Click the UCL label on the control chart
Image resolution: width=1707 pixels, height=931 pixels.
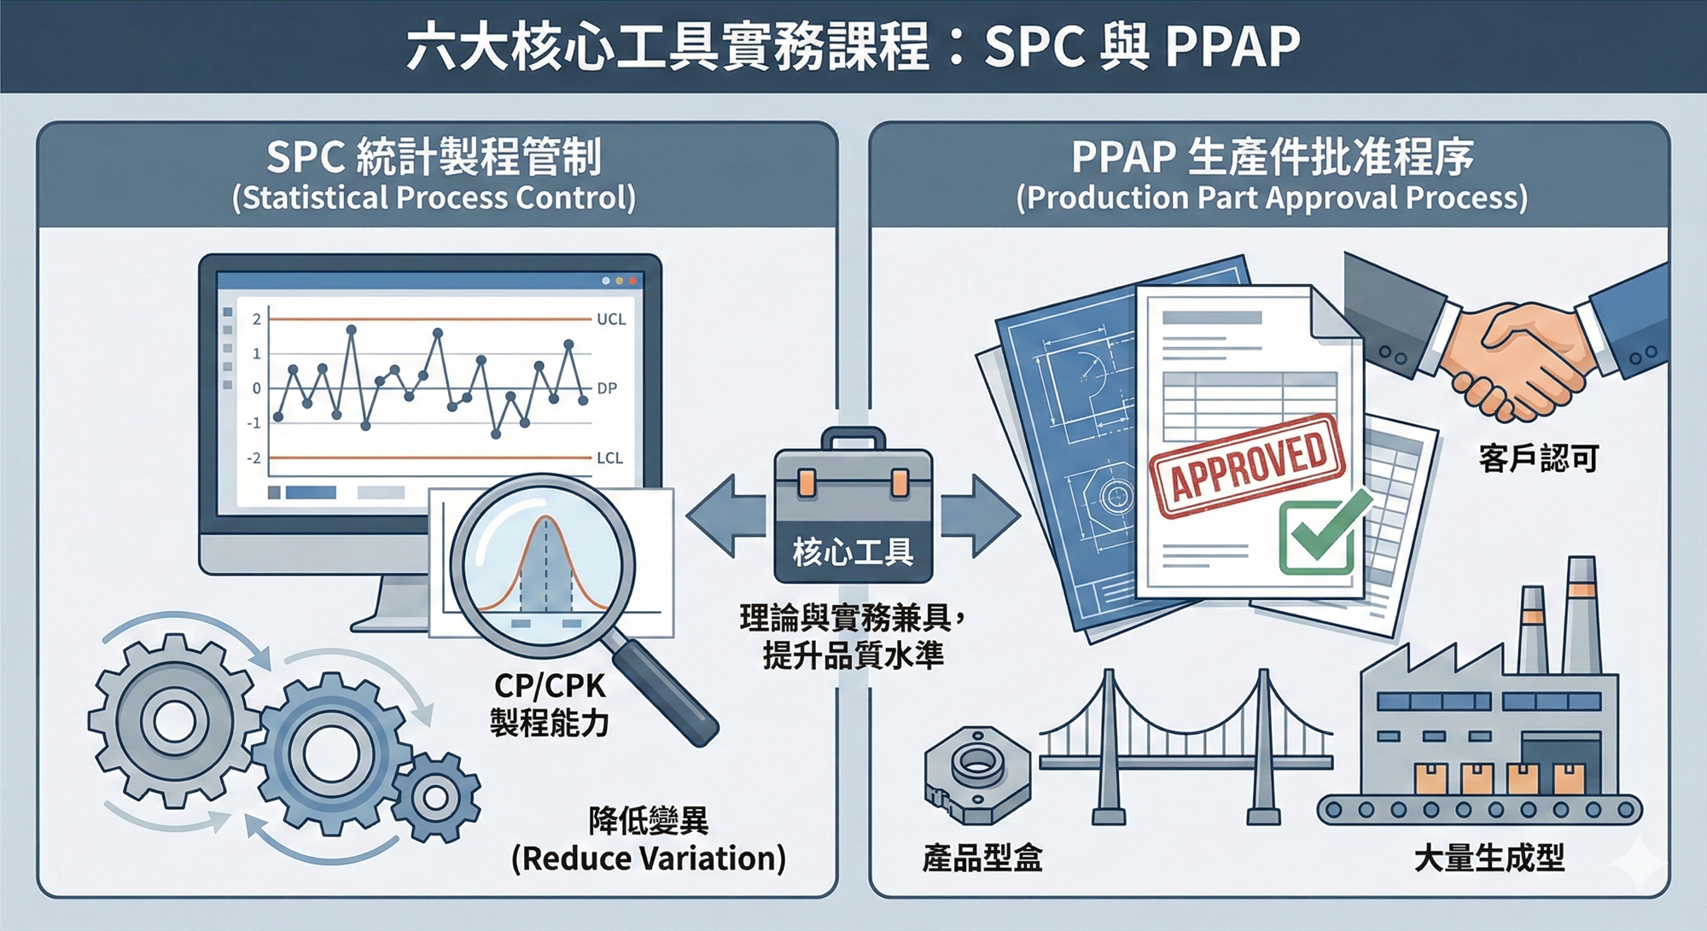point(611,319)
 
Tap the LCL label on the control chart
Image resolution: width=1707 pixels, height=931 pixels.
point(609,458)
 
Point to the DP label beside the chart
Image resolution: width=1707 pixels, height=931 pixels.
point(607,388)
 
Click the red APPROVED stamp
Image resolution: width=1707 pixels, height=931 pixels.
point(1248,465)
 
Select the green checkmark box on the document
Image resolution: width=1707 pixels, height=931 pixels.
point(1317,538)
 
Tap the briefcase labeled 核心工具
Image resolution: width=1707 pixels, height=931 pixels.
point(853,508)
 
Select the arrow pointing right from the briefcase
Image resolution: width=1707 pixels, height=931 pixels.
point(982,516)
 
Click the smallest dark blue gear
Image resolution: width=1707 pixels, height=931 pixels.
point(436,798)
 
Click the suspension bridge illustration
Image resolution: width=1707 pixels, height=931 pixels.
point(1186,742)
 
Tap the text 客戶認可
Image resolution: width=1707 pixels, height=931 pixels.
point(1538,459)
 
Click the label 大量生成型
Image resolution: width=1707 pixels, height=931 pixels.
point(1489,858)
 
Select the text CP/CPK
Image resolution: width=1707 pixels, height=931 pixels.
point(549,685)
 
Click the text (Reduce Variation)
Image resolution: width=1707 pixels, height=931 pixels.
point(649,858)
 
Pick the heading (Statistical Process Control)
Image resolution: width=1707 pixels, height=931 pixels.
point(434,198)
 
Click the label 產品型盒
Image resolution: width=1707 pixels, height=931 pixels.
point(982,858)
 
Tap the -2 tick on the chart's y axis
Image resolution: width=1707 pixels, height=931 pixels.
point(254,458)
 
